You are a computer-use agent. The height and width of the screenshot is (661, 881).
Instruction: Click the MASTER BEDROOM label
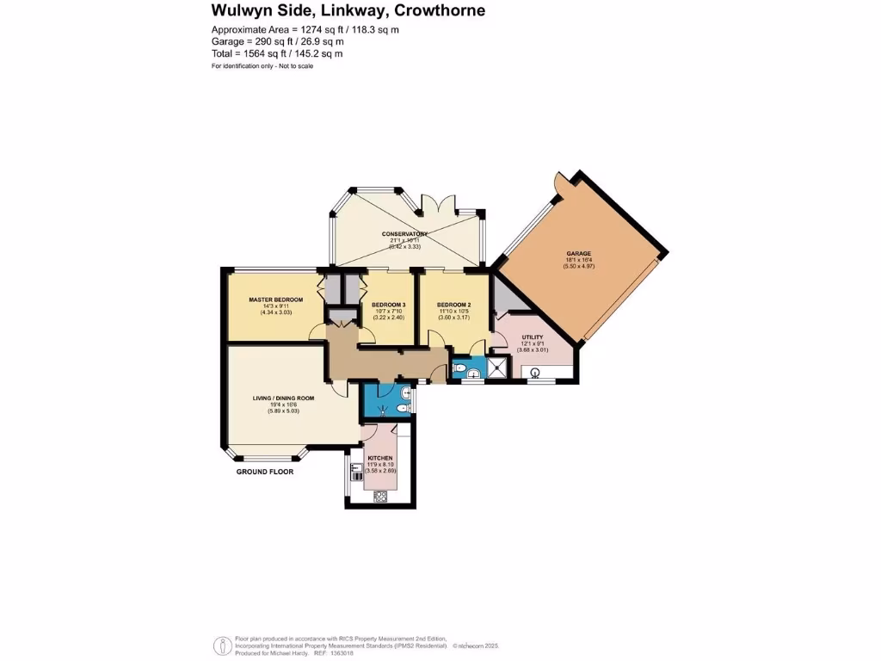276,300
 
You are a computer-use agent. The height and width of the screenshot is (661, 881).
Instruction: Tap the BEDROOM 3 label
388,305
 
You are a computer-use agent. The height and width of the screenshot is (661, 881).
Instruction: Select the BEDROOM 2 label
453,305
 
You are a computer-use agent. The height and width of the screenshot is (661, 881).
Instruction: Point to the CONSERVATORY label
405,234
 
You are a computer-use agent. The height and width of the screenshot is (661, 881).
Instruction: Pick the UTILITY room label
533,337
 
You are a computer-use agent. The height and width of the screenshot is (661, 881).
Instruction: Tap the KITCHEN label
380,458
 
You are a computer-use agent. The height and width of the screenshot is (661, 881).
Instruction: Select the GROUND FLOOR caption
265,472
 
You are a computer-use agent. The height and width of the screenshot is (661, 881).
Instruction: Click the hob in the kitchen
380,495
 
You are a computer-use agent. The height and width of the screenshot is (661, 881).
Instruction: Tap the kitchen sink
356,471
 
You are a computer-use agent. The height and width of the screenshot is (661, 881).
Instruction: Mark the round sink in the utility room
534,373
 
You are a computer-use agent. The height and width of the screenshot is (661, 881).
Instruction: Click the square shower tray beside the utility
497,368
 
